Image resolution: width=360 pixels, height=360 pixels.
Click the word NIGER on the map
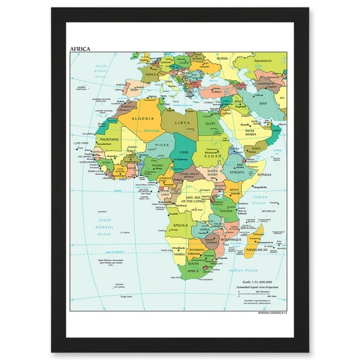pyautogui.click(x=162, y=145)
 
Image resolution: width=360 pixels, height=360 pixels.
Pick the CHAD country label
pyautogui.click(x=184, y=152)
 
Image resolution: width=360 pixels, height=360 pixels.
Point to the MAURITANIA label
pyautogui.click(x=109, y=139)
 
